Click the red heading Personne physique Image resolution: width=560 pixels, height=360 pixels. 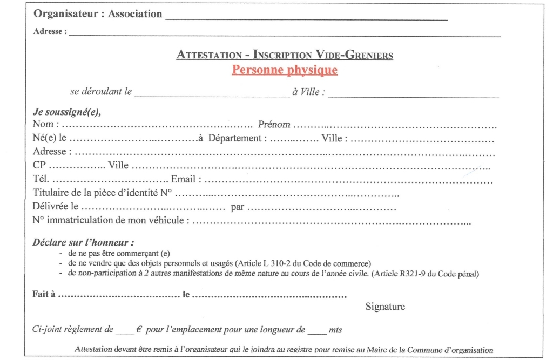click(x=285, y=70)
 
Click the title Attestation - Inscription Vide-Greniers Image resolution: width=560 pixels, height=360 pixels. click(x=285, y=55)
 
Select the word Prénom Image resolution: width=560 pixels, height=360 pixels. click(x=274, y=125)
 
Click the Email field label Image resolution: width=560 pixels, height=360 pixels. click(x=186, y=179)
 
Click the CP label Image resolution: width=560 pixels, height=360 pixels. click(x=40, y=165)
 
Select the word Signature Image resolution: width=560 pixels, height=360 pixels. click(x=385, y=307)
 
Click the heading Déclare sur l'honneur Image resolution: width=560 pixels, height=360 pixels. click(x=83, y=242)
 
